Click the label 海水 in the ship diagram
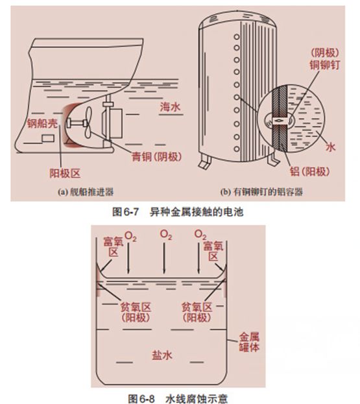click(169, 107)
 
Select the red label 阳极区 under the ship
click(65, 173)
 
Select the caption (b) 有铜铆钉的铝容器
click(262, 192)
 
